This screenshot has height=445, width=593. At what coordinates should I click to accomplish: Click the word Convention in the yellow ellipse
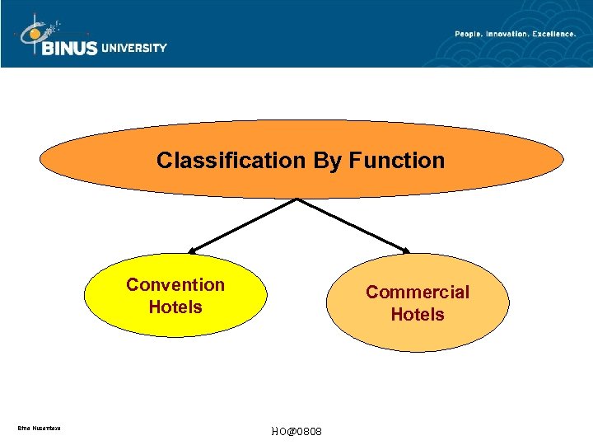click(175, 285)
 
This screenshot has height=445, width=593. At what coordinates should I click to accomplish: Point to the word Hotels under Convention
click(175, 307)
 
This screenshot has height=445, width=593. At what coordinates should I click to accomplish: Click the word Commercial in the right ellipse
click(418, 293)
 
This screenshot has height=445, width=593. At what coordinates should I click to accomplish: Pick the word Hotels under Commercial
click(418, 315)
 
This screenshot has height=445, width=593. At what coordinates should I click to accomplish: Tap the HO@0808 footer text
click(296, 433)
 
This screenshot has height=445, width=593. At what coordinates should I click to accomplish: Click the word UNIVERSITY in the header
click(134, 48)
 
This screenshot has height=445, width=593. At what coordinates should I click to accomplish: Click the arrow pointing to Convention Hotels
click(243, 225)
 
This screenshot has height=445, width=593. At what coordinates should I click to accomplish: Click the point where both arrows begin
click(297, 199)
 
